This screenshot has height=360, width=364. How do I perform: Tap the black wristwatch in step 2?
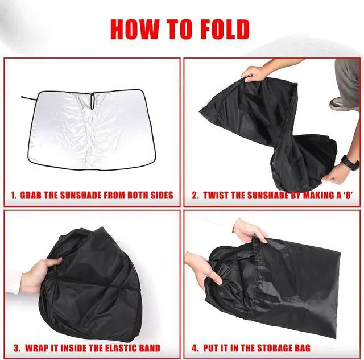coord(348,163)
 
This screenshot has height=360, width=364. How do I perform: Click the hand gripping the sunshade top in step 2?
coord(255,73)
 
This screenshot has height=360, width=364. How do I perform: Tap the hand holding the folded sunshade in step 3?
coord(39,274)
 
